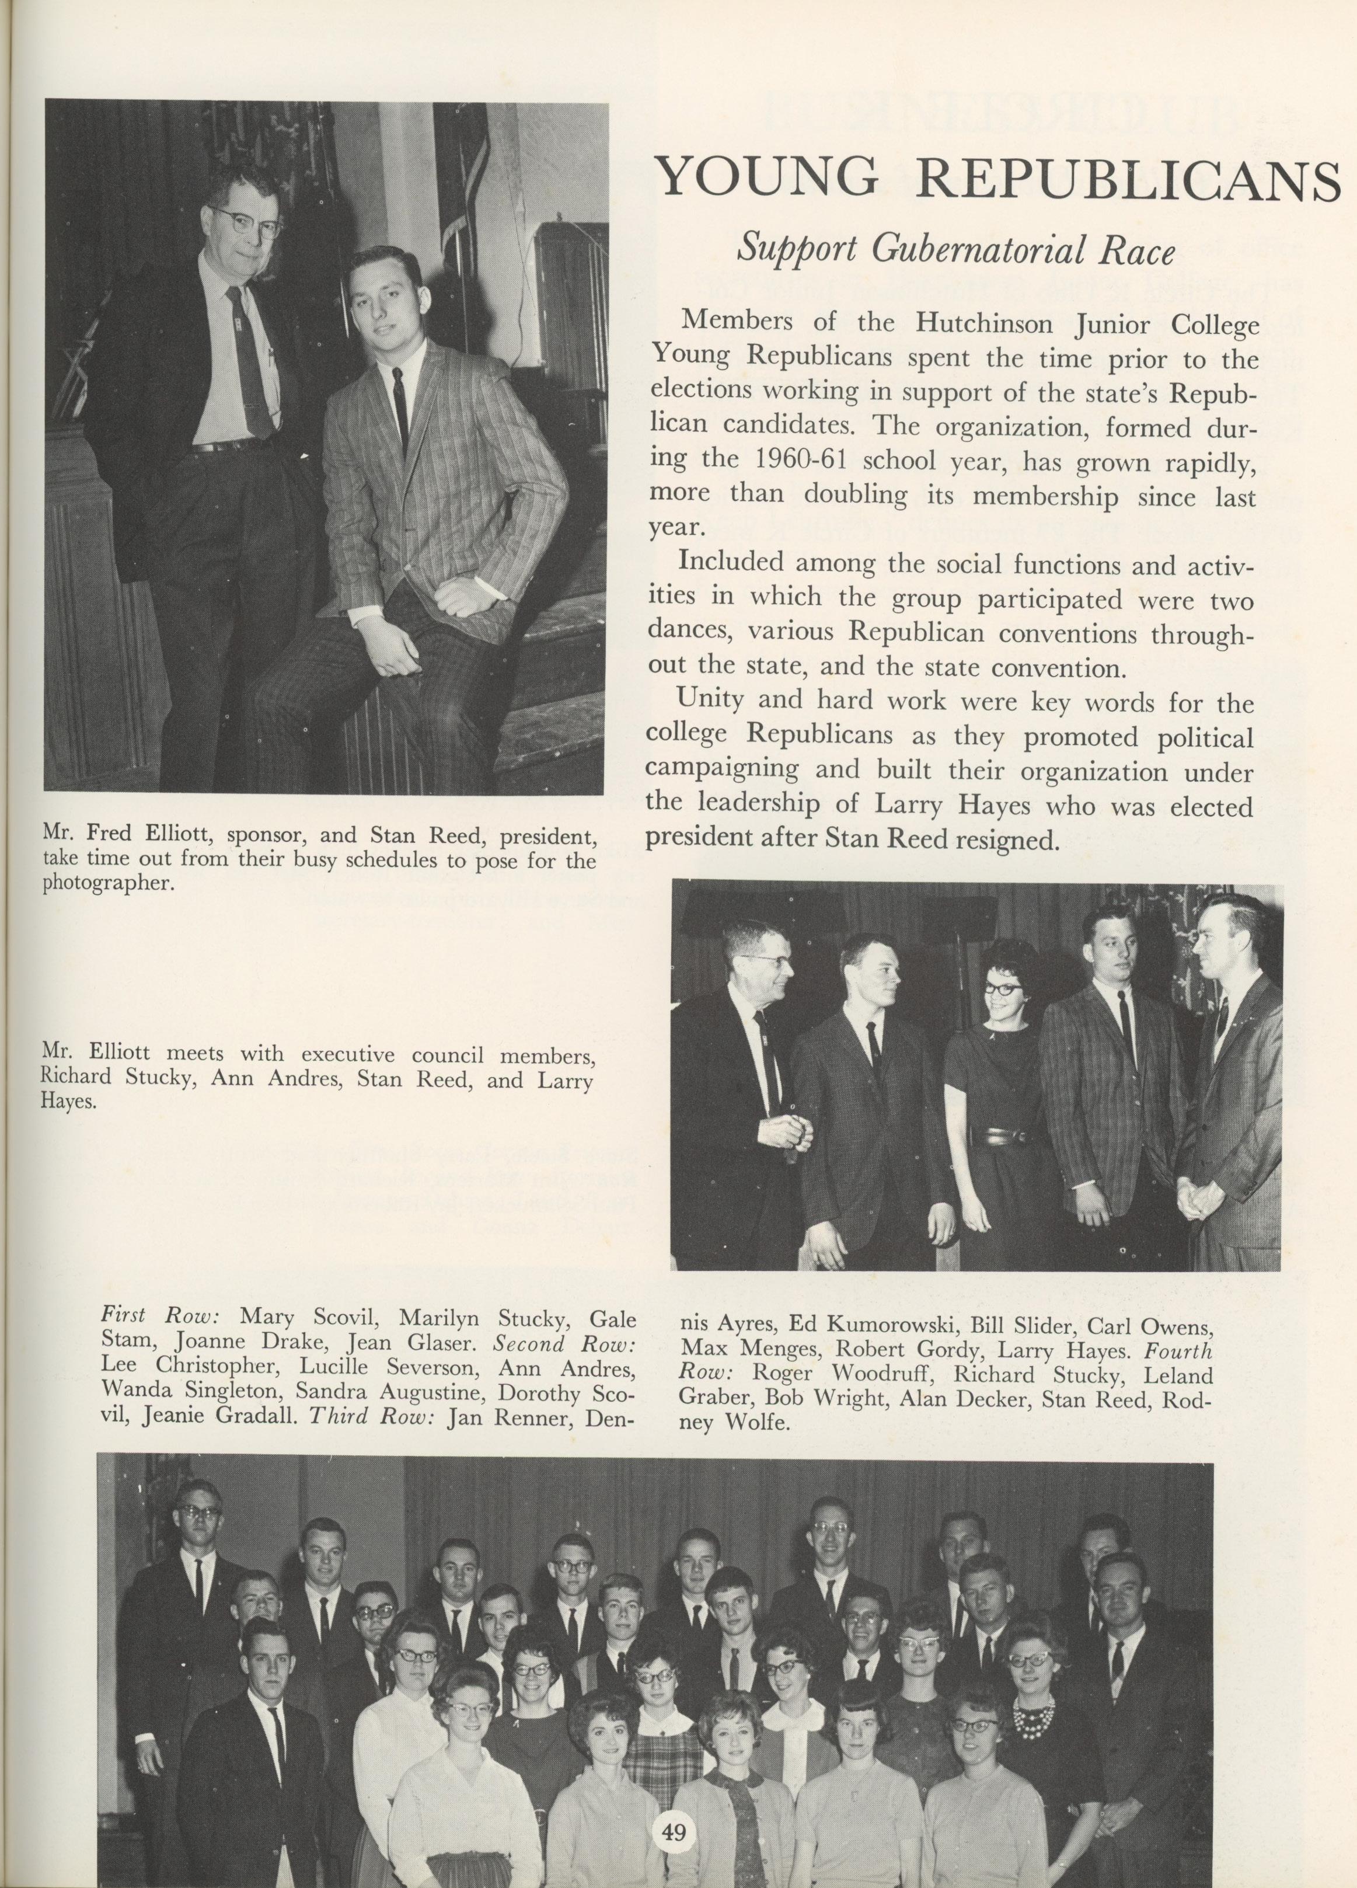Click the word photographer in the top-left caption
(x=108, y=884)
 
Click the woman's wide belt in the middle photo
(x=1009, y=1135)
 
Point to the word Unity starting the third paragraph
(x=710, y=700)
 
